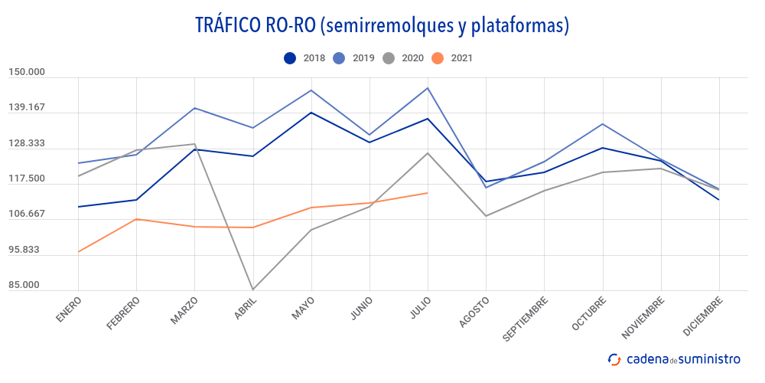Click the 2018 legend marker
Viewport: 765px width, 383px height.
click(x=290, y=57)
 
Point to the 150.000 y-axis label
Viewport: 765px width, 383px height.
click(x=27, y=72)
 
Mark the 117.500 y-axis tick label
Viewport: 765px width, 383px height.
click(x=27, y=179)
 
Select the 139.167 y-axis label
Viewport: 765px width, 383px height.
click(x=27, y=107)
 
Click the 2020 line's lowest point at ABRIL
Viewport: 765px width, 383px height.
click(x=252, y=290)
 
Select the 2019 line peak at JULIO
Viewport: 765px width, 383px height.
click(x=428, y=87)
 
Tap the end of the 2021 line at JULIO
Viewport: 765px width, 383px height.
click(x=428, y=193)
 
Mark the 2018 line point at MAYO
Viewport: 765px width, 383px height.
click(x=311, y=113)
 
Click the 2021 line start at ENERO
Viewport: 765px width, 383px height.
click(x=78, y=252)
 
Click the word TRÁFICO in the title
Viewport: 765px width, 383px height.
click(x=230, y=25)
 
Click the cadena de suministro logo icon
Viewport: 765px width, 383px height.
click(x=614, y=358)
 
